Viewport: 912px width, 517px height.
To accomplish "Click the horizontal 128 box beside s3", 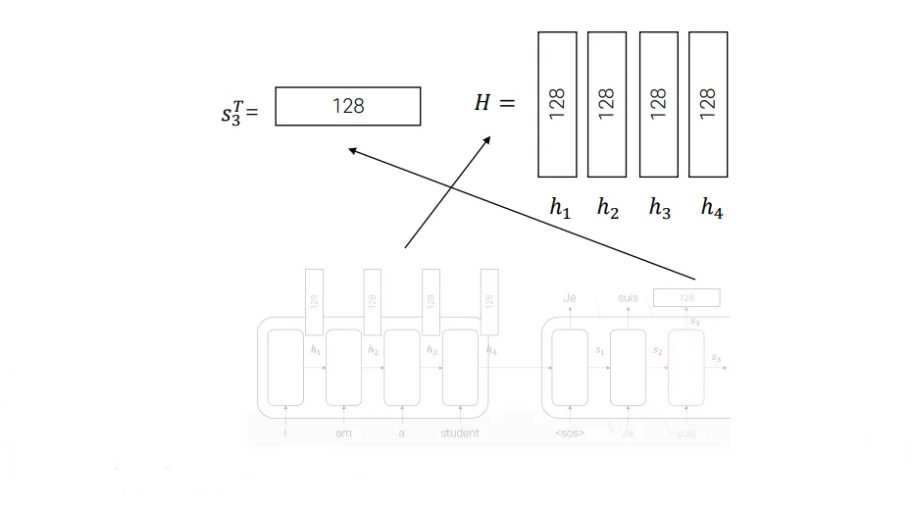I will (x=347, y=106).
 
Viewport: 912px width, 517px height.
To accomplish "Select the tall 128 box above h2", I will (x=607, y=104).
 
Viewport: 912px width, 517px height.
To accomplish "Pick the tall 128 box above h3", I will (x=659, y=104).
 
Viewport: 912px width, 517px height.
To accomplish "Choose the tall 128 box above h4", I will (x=708, y=104).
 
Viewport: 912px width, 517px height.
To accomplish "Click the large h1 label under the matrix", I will (x=560, y=208).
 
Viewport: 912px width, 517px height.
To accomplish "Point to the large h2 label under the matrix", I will (x=609, y=208).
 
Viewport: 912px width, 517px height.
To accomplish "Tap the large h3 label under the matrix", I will (x=660, y=208).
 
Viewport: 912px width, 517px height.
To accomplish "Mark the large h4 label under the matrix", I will (x=712, y=208).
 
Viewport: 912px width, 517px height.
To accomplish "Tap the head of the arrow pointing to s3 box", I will (x=352, y=150).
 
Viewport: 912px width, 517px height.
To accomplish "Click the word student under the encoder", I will (x=460, y=433).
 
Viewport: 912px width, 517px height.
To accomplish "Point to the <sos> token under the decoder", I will (x=569, y=433).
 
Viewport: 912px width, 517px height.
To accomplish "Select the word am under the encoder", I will (x=344, y=433).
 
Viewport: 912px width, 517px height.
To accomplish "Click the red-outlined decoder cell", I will (x=686, y=367).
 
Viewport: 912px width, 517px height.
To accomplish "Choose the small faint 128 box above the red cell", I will (x=686, y=297).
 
